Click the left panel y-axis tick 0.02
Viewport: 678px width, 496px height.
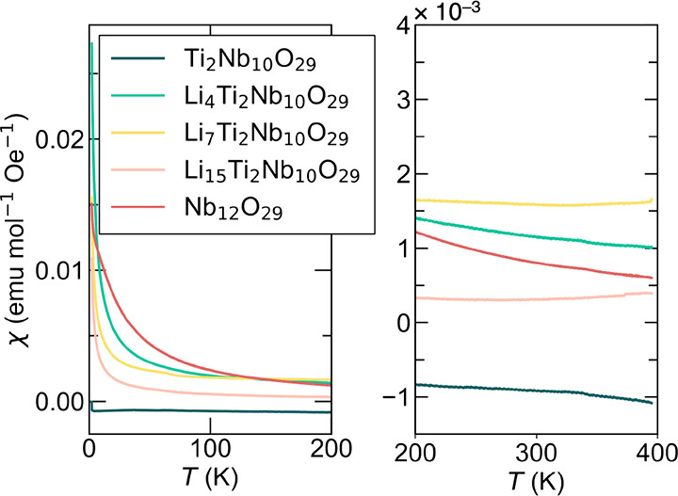58,138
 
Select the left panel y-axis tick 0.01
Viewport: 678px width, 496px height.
58,270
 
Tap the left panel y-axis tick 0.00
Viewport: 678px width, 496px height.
58,402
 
